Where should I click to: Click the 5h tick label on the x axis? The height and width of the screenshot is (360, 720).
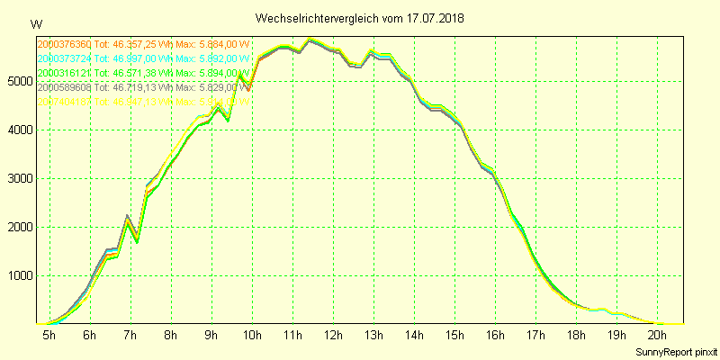tap(49, 335)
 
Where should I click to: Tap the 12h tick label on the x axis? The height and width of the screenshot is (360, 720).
tap(333, 335)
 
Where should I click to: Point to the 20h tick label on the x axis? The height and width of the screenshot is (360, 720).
tap(658, 335)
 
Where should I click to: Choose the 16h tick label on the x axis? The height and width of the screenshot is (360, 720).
tap(495, 335)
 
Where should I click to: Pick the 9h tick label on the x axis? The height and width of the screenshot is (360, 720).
tap(211, 335)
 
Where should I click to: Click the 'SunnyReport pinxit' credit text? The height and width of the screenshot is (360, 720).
tap(676, 350)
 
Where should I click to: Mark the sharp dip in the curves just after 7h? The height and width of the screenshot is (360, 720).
tap(137, 240)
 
